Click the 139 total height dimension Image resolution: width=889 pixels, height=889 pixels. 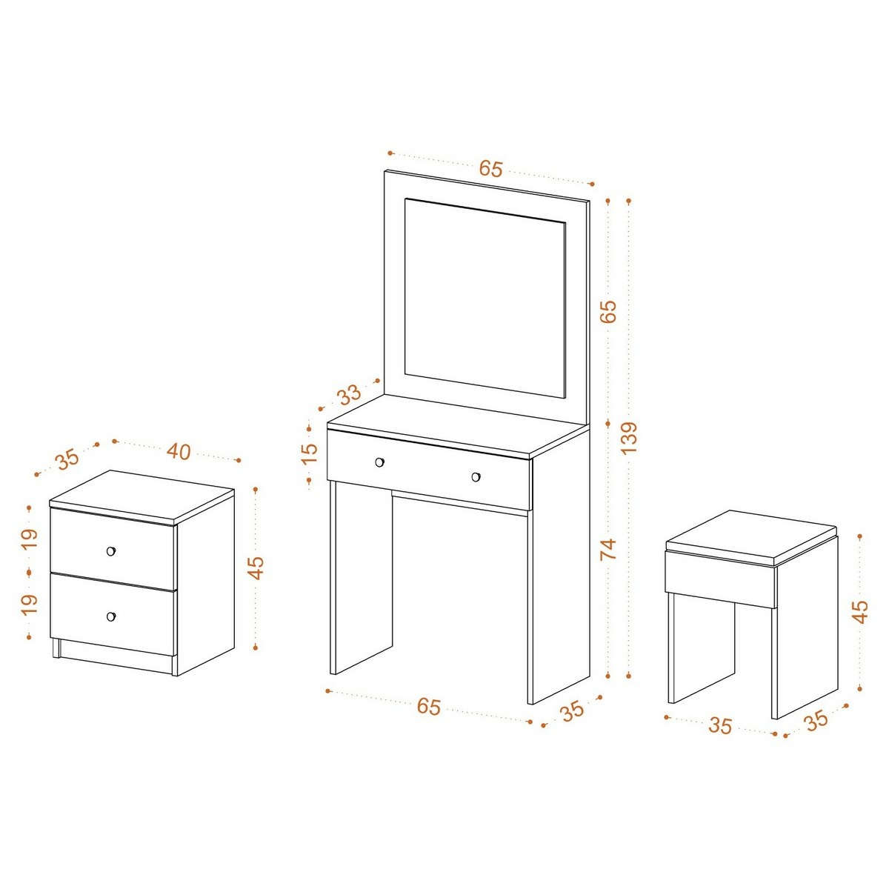click(629, 437)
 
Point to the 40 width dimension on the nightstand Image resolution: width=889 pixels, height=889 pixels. click(179, 451)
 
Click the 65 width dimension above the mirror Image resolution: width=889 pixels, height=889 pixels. click(490, 169)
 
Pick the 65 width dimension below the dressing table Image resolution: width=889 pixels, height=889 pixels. click(429, 706)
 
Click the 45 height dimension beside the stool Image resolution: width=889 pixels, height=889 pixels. click(860, 612)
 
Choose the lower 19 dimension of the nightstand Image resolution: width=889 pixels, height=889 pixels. click(29, 605)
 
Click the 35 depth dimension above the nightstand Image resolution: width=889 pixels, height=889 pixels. click(67, 459)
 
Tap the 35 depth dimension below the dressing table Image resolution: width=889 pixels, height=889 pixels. click(573, 712)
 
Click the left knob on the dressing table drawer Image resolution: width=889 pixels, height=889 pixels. click(379, 462)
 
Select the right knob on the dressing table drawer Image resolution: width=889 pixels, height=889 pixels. click(476, 476)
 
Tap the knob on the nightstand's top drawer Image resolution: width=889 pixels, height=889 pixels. click(110, 551)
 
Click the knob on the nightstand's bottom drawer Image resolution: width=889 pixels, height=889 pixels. click(110, 616)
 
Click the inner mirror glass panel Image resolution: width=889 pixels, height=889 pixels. click(485, 298)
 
